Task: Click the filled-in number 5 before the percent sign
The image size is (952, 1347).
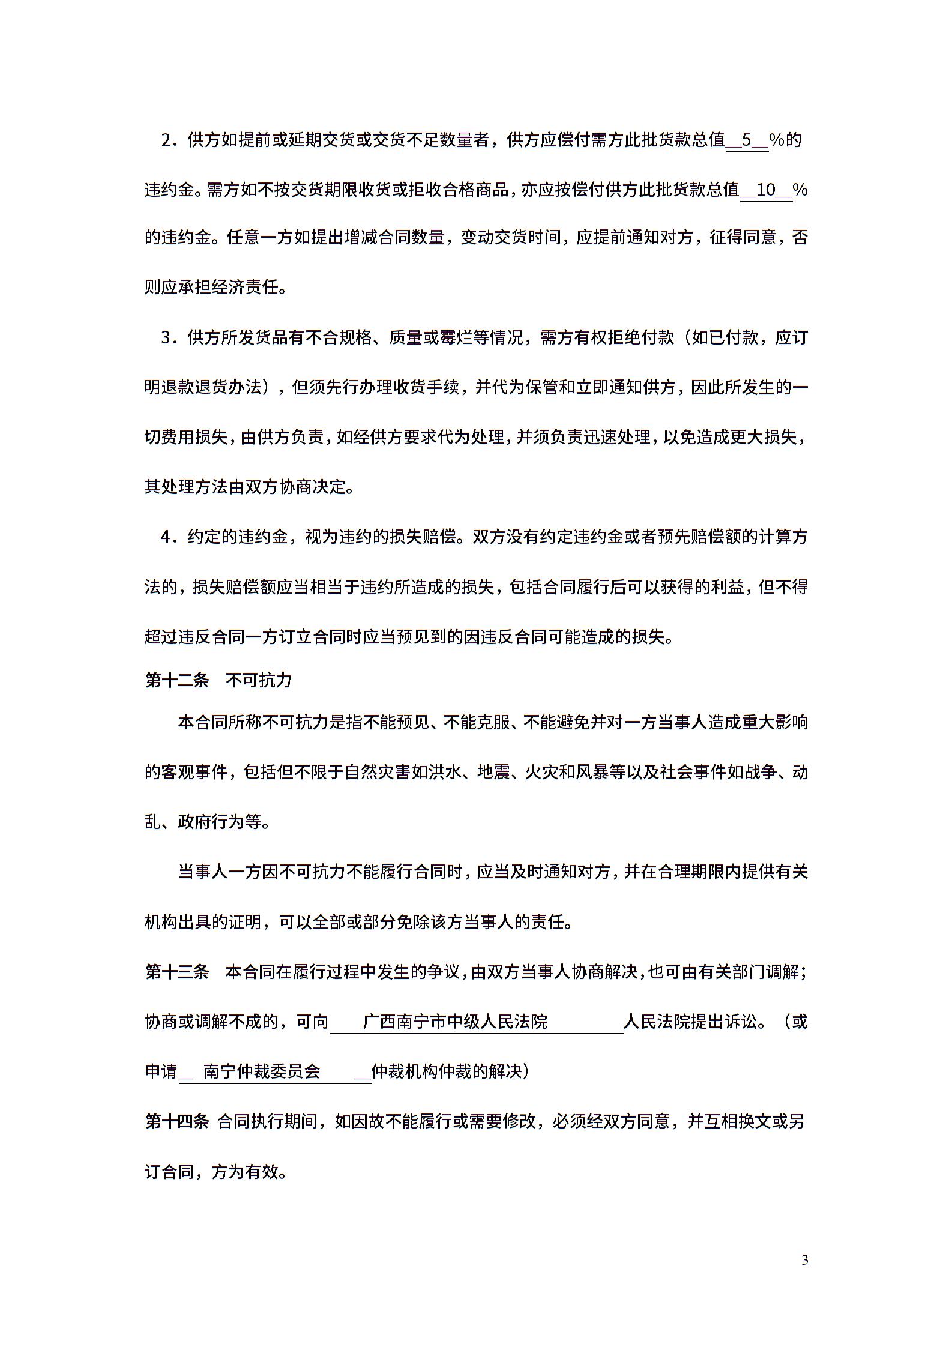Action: [747, 140]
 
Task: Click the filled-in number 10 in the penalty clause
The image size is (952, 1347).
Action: [767, 190]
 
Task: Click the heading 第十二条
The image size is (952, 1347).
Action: [176, 680]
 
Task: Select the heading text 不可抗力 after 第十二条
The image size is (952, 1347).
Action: [259, 680]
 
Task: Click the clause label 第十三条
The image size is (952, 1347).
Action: [176, 971]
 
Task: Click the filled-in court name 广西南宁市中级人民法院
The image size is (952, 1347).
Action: [456, 1021]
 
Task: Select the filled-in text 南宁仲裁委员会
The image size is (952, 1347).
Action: [262, 1071]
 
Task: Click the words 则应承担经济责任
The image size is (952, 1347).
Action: [212, 287]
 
